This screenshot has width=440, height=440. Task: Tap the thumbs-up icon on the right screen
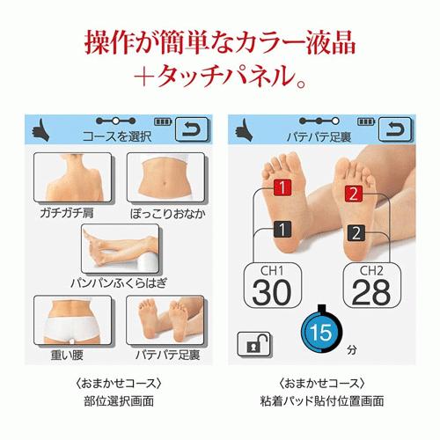244,131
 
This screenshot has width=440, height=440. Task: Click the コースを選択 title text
117,136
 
